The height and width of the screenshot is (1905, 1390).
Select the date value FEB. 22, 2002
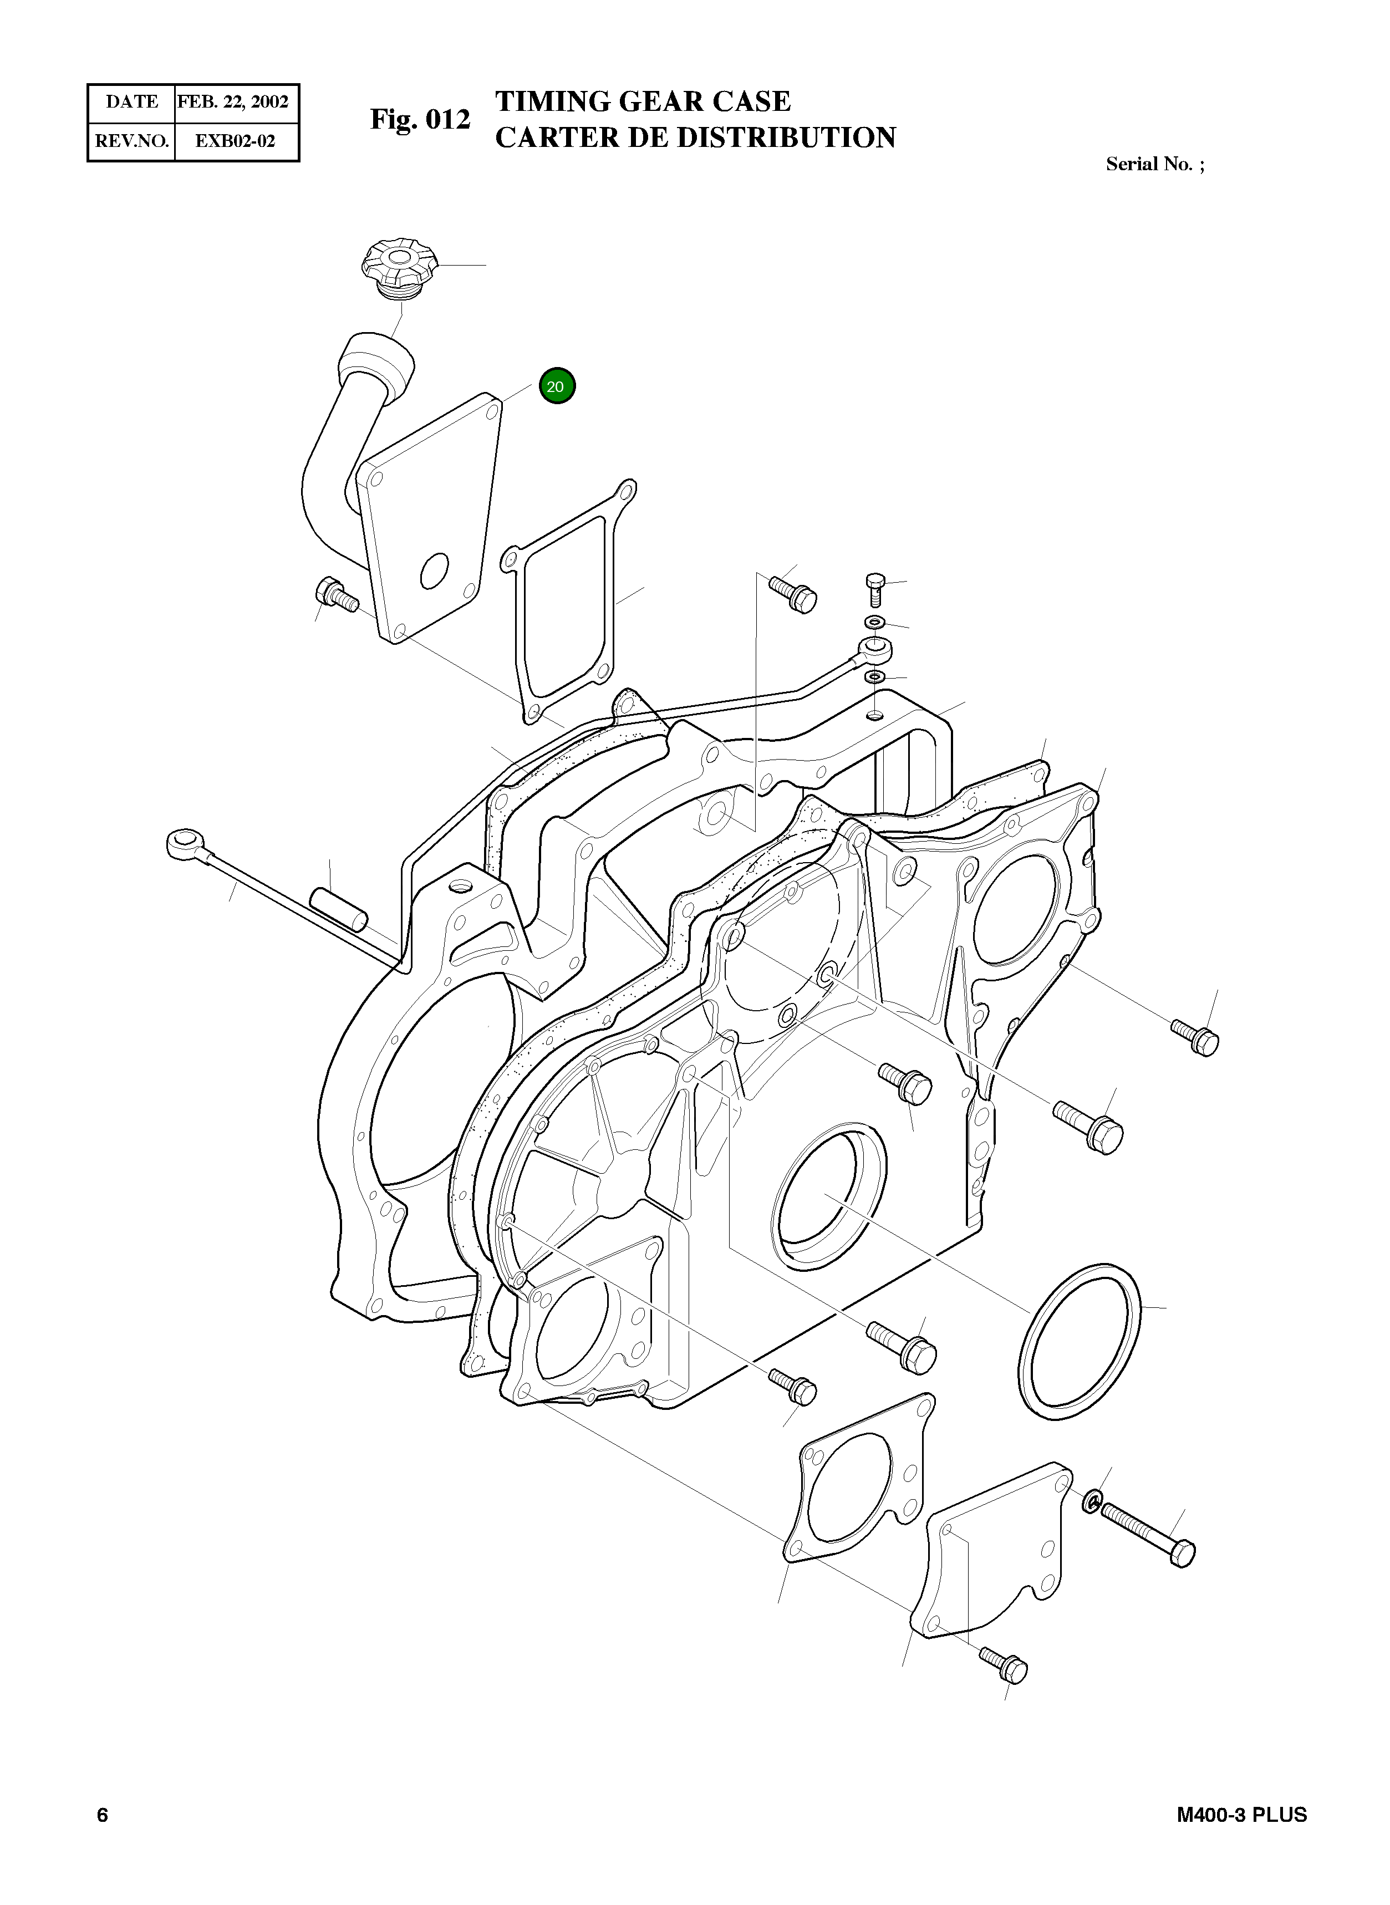click(233, 103)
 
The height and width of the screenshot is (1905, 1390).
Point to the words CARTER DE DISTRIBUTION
click(695, 137)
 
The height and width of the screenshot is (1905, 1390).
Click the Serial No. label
click(1154, 164)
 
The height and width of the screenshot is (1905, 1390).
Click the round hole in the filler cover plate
click(435, 572)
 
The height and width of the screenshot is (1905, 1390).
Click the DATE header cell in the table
click(131, 103)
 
